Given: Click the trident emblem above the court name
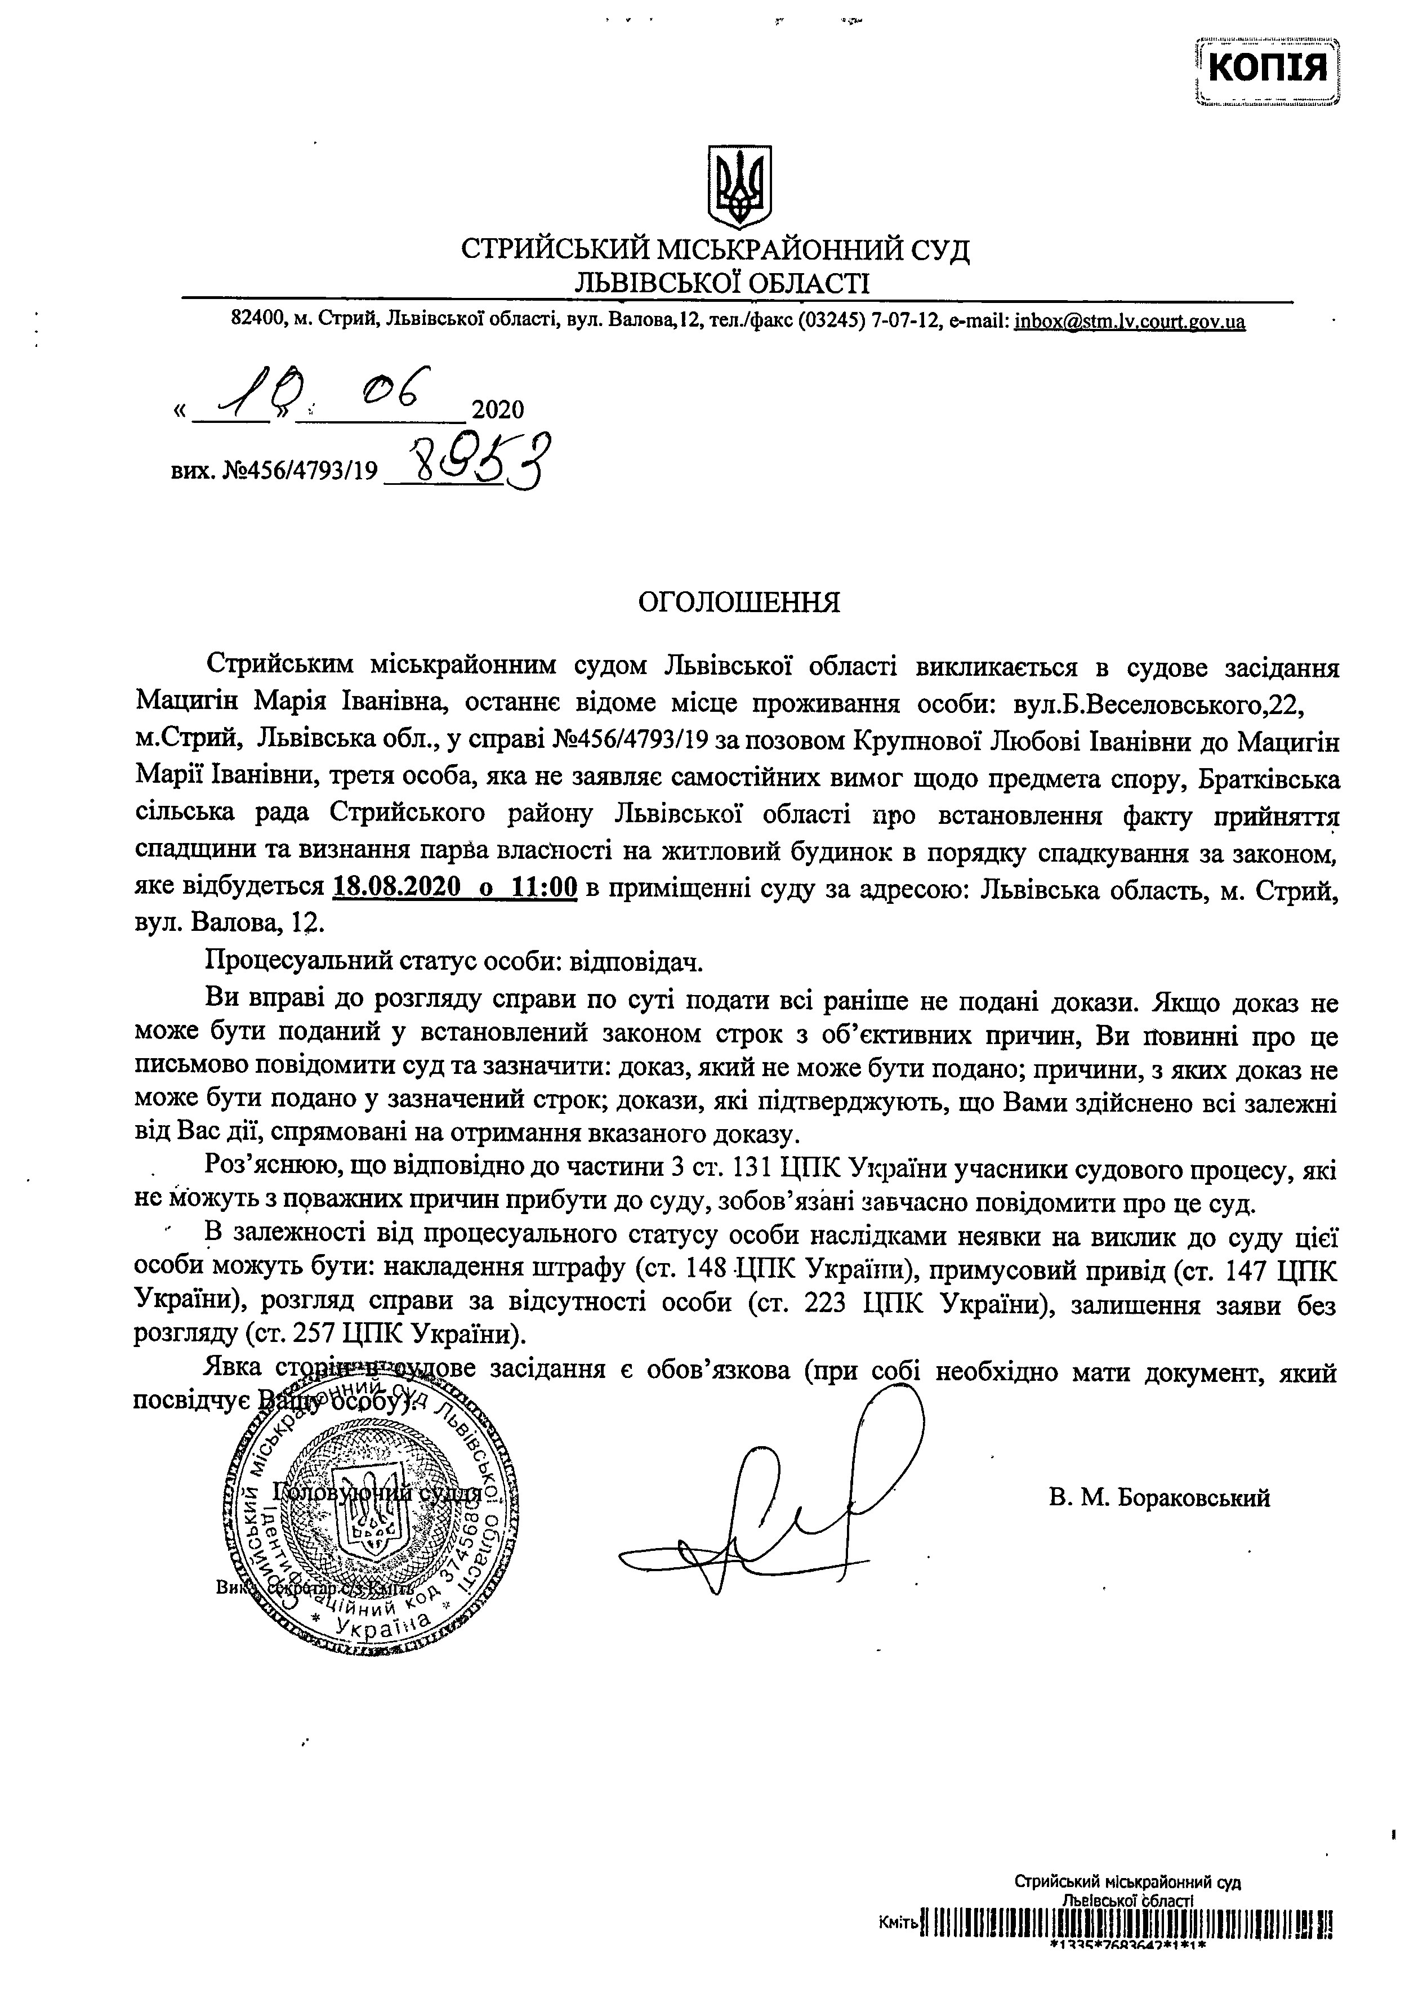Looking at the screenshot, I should point(739,186).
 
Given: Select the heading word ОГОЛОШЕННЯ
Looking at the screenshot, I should point(740,603).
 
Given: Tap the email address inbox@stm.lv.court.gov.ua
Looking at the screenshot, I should point(1129,321).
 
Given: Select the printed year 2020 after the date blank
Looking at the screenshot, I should point(497,409).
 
